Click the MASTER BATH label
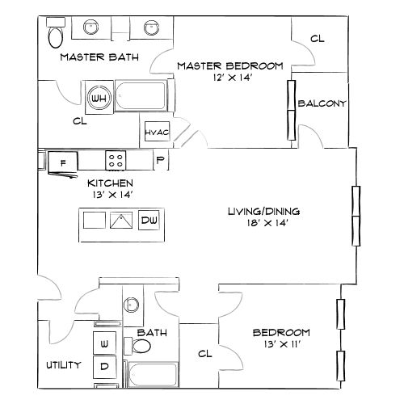99,57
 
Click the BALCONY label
322,103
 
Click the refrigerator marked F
62,162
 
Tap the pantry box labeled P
160,161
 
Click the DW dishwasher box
149,221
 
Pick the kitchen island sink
120,221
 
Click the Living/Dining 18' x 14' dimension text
258,223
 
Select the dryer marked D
105,366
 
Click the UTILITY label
61,365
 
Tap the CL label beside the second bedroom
204,353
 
